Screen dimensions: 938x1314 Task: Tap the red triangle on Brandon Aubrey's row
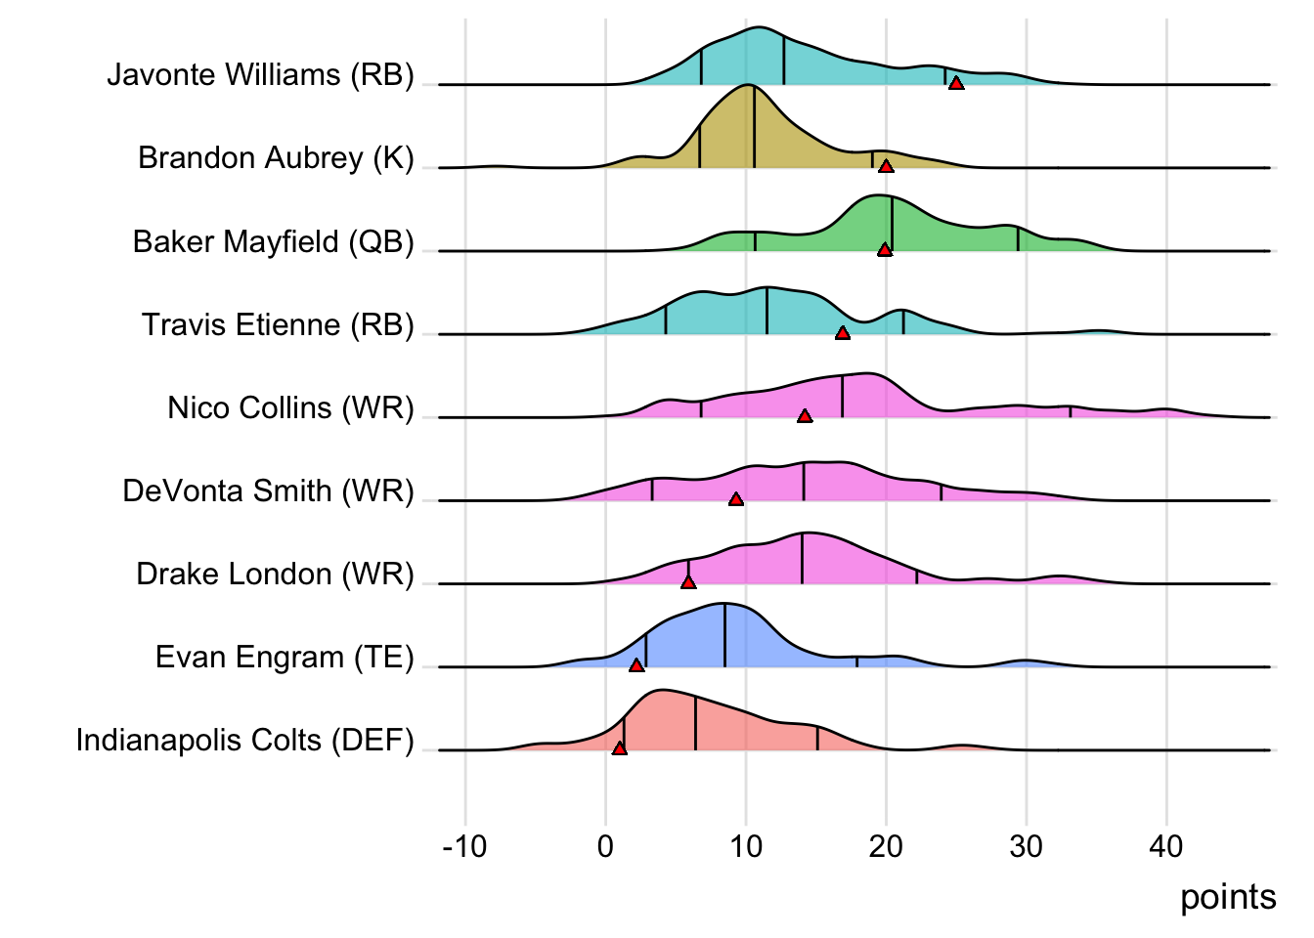point(886,167)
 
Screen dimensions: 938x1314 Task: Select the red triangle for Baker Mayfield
point(885,250)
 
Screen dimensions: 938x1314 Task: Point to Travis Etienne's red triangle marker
point(843,334)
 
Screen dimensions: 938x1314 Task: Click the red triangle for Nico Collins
point(805,416)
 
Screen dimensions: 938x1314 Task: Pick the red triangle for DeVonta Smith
point(736,499)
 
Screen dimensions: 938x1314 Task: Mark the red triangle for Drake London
point(688,582)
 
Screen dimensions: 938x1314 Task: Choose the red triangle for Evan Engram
point(636,665)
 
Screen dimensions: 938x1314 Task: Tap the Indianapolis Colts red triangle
point(619,748)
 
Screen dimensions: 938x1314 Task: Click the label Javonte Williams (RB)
point(260,75)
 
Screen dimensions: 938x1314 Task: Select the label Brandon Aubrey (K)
point(276,158)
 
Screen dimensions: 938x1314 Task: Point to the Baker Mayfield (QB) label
point(274,241)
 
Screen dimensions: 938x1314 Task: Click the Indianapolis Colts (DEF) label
point(244,741)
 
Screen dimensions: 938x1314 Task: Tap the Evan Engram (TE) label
point(285,658)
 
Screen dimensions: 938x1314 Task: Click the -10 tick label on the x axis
point(464,846)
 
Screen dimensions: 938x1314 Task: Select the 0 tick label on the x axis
point(605,846)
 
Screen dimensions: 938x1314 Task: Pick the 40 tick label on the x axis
point(1166,846)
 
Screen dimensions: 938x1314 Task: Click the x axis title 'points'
point(1228,897)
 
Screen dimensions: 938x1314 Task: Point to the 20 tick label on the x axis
point(886,846)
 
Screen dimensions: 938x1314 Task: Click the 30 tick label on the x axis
point(1027,846)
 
